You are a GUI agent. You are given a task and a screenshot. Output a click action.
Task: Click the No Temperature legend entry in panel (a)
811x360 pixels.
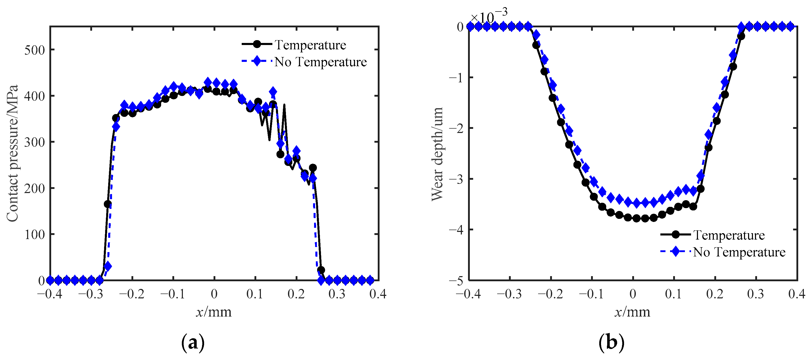(320, 62)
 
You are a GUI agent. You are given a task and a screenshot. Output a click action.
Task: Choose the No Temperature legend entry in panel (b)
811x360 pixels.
(739, 252)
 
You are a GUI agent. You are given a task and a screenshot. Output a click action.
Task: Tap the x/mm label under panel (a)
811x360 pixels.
(214, 312)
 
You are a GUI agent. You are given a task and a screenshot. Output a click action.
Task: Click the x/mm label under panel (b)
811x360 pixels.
(632, 312)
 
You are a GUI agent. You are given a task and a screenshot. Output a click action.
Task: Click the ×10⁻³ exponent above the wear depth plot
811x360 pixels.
(488, 16)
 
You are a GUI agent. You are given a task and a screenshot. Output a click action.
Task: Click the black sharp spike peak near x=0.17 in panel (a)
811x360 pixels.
(284, 105)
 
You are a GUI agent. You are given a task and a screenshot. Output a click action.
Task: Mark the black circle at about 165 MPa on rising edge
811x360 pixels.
(108, 204)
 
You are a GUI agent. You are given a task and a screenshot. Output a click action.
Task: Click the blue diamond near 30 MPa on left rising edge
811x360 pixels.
(108, 266)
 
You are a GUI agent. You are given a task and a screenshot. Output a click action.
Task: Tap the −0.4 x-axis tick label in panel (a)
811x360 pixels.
(50, 294)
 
